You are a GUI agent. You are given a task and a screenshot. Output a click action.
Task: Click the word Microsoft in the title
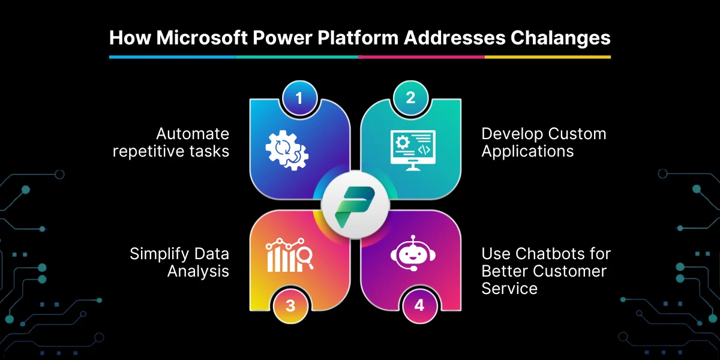pos(202,38)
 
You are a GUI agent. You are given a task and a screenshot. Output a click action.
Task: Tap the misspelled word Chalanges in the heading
pos(560,38)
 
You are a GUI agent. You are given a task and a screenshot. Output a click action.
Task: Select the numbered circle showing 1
pos(299,98)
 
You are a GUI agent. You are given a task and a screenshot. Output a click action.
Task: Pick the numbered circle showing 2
pos(410,98)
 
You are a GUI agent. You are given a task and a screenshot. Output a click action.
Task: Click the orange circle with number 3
pos(290,305)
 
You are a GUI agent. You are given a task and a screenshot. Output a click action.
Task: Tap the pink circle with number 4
pos(419,305)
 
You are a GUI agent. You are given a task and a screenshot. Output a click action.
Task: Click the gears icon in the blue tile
pos(287,150)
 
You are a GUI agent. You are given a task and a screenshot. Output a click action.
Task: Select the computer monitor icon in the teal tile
pos(413,150)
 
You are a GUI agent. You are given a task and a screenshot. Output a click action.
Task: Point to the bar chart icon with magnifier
pos(289,254)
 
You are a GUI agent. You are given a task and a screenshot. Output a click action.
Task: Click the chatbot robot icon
pos(413,253)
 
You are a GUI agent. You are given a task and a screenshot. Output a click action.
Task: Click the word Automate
pos(193,134)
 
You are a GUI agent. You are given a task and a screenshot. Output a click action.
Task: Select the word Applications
pos(527,151)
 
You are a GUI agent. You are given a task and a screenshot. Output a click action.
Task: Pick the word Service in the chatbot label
pos(509,289)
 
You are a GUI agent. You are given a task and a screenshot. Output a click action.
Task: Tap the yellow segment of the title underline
pos(548,57)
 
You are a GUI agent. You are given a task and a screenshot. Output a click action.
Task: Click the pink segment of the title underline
pos(421,57)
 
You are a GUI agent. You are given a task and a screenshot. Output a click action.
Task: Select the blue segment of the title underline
pos(172,57)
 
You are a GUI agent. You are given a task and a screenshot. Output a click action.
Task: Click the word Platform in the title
pos(358,38)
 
